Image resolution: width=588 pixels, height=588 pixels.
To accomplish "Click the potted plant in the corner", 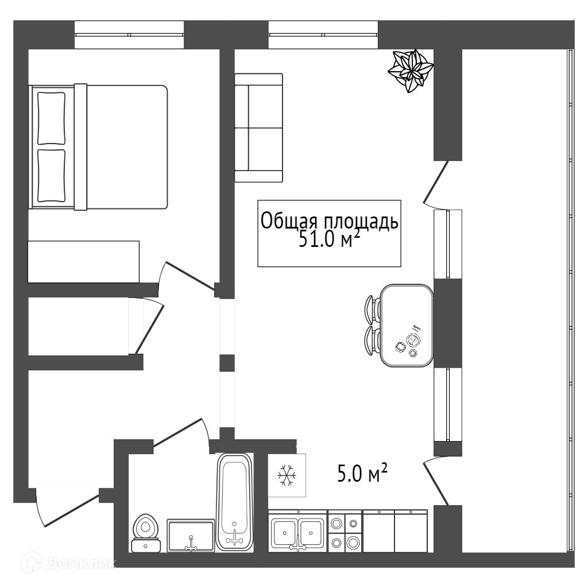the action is tap(411, 71).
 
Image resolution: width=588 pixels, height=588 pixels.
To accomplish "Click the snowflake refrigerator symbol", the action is tap(287, 475).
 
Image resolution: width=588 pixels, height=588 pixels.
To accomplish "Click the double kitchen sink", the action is tap(297, 532).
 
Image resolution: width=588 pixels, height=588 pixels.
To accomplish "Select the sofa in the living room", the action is tap(258, 128).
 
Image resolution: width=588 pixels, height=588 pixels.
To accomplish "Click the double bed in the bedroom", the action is tap(99, 147).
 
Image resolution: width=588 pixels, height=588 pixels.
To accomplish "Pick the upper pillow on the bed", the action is tap(51, 118).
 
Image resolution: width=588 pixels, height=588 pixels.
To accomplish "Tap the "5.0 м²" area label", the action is tap(362, 475).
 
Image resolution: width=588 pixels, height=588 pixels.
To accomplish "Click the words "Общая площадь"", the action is tap(329, 220).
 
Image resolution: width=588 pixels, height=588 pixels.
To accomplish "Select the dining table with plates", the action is tap(407, 326).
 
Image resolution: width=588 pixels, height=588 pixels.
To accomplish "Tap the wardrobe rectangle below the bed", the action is tap(83, 262).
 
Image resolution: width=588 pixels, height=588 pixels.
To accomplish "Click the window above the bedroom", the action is tap(129, 34).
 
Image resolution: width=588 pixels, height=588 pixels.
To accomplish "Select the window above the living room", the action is tap(323, 34).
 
